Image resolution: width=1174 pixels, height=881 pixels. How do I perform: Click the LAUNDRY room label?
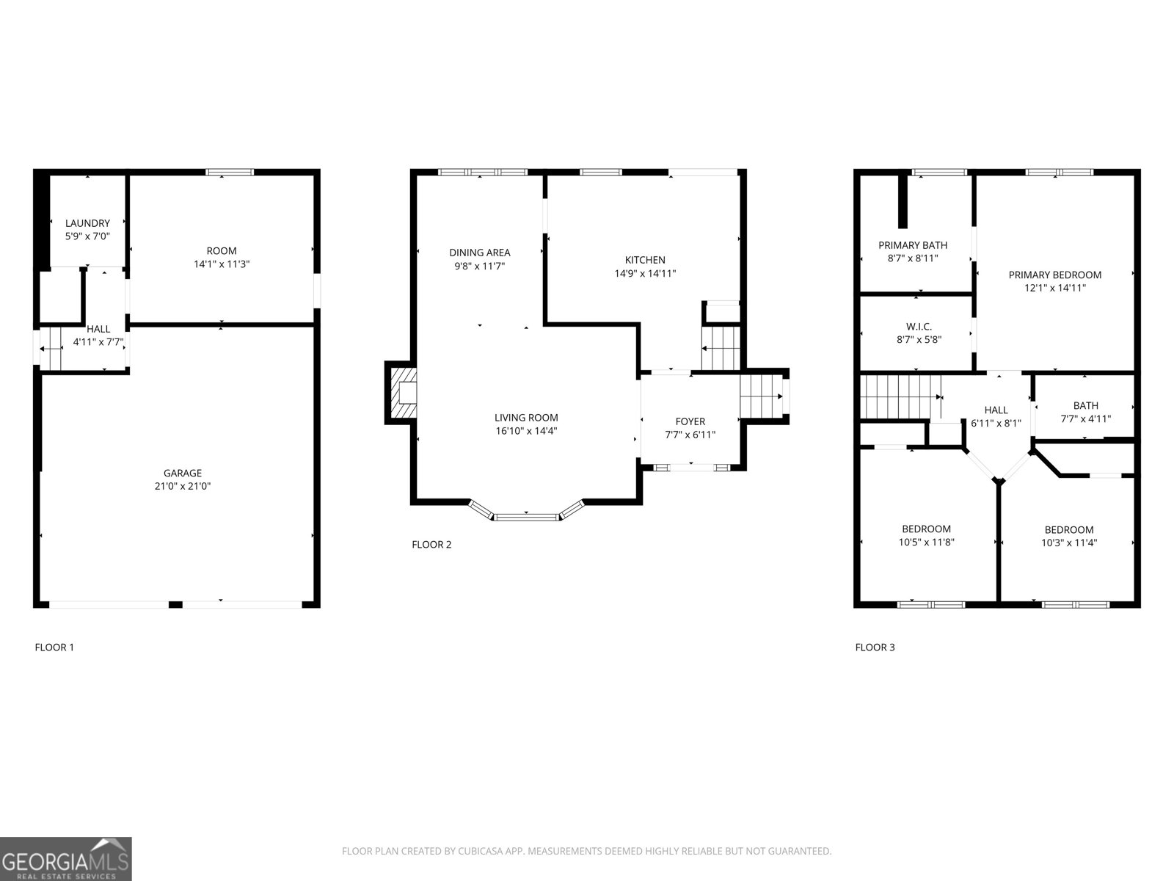[x=88, y=223]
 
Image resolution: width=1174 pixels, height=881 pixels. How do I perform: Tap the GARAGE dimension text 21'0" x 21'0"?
[x=183, y=486]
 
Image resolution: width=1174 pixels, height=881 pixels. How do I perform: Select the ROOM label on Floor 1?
[x=222, y=251]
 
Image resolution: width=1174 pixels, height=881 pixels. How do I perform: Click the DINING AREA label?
[x=480, y=253]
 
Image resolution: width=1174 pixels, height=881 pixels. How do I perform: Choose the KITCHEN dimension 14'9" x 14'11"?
[x=645, y=273]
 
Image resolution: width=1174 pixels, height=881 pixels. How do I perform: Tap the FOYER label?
[x=690, y=421]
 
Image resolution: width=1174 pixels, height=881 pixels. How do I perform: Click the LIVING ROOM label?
[x=526, y=418]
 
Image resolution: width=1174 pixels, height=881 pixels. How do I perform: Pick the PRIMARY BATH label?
[x=913, y=245]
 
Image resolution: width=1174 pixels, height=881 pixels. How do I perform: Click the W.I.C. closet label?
[x=919, y=326]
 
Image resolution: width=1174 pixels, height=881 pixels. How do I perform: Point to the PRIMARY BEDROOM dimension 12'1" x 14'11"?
[x=1055, y=288]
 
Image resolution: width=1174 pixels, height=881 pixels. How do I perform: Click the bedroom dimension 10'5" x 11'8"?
[x=927, y=542]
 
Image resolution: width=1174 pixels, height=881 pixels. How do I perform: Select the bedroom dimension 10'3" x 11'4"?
[x=1069, y=543]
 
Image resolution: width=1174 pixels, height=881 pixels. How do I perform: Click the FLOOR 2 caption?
[x=431, y=545]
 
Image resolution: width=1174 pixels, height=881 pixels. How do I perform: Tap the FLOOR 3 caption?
[x=875, y=648]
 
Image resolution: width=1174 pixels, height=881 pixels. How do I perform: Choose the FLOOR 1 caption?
[x=54, y=648]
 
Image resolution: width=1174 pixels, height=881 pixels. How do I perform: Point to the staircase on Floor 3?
[x=901, y=397]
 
